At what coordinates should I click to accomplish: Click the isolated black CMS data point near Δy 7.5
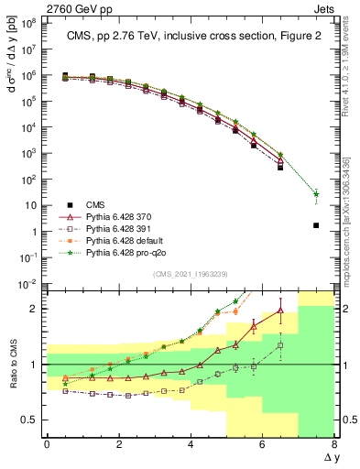pos(316,225)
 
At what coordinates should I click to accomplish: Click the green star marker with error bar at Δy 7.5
pos(316,194)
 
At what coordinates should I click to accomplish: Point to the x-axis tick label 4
pos(191,444)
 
